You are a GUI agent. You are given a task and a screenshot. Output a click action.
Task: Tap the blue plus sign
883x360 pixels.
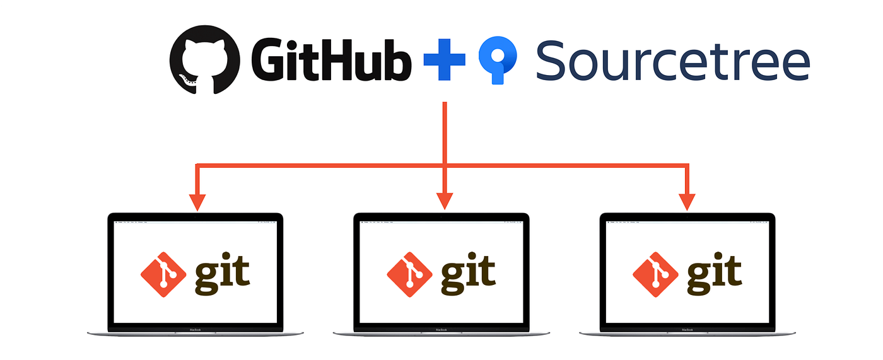pos(444,61)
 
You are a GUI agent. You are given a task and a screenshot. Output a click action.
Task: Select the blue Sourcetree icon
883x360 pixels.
pos(498,61)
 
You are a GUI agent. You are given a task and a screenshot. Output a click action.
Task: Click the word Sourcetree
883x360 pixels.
pos(672,61)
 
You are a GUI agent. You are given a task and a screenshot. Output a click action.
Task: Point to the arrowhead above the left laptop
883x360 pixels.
pos(198,201)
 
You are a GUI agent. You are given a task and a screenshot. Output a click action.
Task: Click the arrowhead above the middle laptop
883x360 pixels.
pos(445,201)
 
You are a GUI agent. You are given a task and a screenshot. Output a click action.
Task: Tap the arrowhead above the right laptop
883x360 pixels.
pos(687,201)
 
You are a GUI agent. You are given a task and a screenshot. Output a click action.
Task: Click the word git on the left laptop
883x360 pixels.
pos(222,274)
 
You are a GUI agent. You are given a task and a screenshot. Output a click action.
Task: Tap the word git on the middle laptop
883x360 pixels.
pos(468,274)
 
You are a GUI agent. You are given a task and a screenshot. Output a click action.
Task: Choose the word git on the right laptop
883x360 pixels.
pos(714,274)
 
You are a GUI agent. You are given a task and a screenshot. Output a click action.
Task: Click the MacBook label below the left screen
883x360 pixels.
pos(195,329)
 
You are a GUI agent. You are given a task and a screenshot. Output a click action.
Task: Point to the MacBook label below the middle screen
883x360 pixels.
pos(441,329)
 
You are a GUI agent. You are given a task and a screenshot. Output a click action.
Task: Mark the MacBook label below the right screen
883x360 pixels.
pos(687,329)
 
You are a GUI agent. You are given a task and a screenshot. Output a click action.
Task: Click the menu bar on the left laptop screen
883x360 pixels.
pos(195,223)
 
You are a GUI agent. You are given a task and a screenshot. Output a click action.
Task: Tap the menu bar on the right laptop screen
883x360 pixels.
pos(687,223)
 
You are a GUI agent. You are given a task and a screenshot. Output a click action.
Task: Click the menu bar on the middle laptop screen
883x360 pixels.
pos(441,223)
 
